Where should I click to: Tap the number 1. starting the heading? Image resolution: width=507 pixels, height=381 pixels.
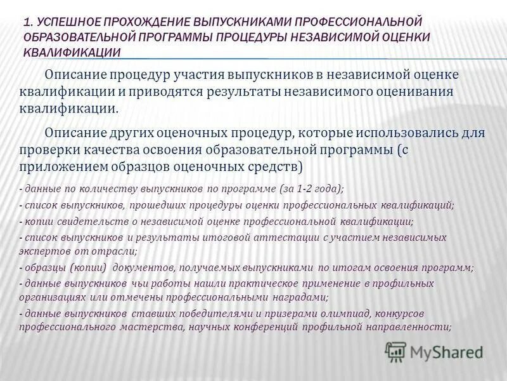(x=29, y=23)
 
